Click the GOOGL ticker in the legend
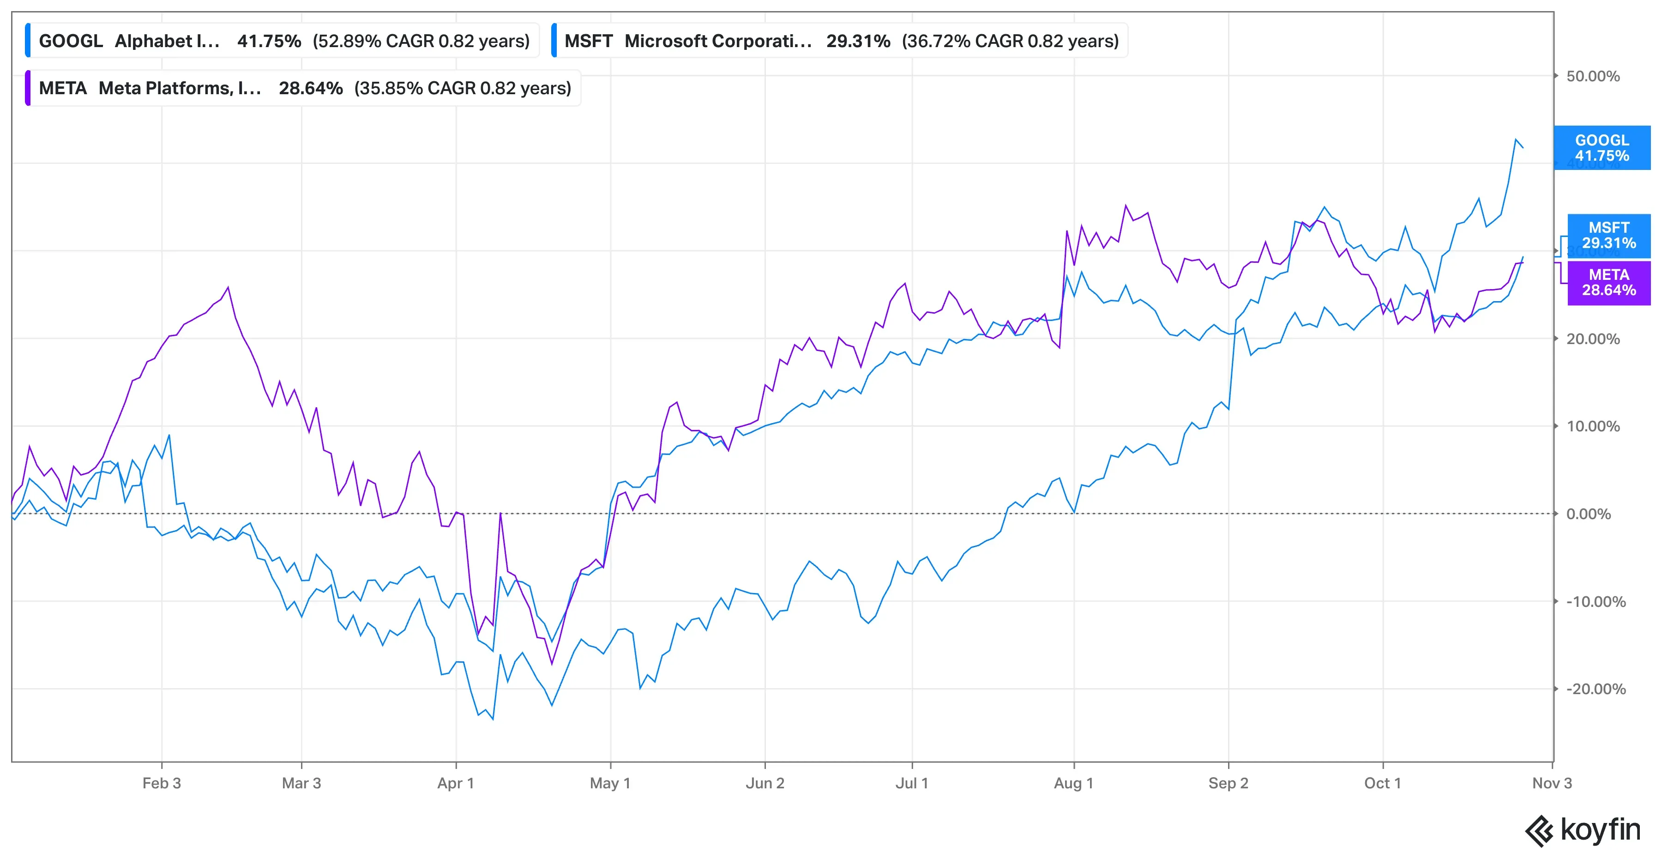(71, 41)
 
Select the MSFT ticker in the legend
(589, 41)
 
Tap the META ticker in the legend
(63, 88)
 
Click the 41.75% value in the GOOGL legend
(269, 41)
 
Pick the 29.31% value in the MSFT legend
(858, 41)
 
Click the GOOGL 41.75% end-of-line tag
(1602, 148)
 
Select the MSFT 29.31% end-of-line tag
(1608, 236)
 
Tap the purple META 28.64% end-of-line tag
(1608, 283)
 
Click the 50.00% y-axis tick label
(1593, 76)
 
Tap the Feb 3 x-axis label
(161, 783)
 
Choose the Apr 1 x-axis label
(456, 783)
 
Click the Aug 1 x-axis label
(1073, 783)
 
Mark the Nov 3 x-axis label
(1552, 783)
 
